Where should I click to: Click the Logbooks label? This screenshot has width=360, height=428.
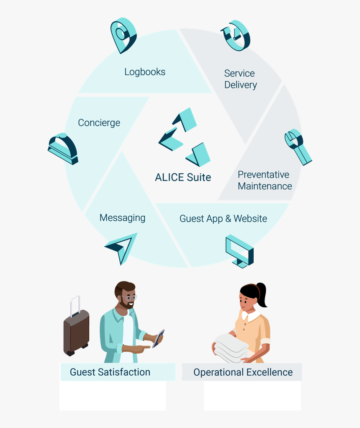pos(145,72)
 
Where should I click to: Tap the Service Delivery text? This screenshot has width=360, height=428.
pos(240,79)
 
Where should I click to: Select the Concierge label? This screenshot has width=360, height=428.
pos(99,123)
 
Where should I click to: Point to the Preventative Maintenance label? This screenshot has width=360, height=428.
pos(265,180)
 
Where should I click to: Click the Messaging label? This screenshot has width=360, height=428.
pos(122,218)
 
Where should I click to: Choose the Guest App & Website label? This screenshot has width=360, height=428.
pos(223,219)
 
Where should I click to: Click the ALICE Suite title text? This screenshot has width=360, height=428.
pos(183,177)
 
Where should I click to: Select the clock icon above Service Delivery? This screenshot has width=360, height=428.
pos(235,35)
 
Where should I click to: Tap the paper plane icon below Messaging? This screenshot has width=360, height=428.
pos(122,248)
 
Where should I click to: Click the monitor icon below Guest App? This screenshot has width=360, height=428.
pos(239,251)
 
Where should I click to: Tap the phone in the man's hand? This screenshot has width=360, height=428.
pos(158,338)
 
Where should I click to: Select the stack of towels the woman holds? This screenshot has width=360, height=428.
pos(231,348)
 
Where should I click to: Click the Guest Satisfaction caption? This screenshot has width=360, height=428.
pos(110,372)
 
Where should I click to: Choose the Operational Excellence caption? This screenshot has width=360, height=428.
pos(243,372)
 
